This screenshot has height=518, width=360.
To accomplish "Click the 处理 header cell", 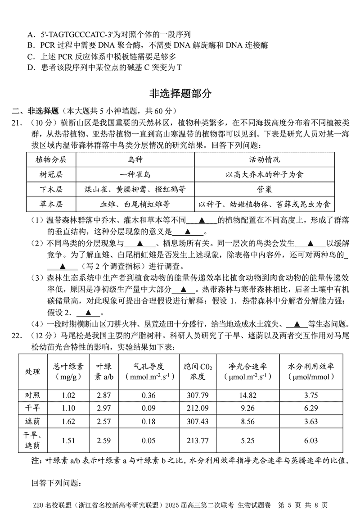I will [x=32, y=372].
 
